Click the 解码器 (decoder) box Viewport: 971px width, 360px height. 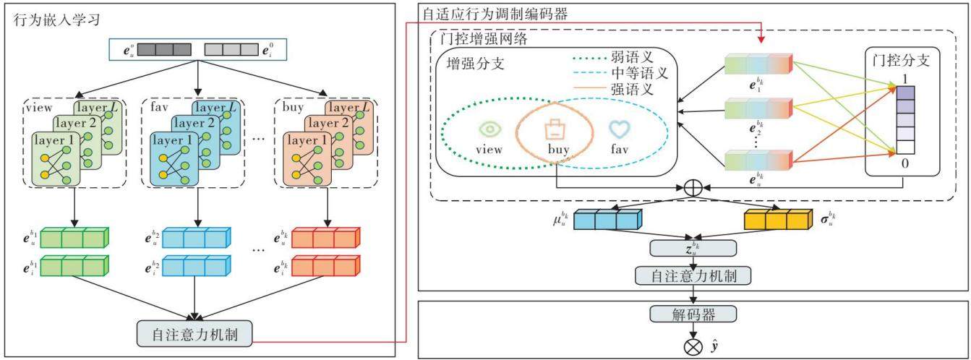click(x=693, y=314)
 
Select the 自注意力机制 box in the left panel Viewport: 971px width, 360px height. click(x=194, y=333)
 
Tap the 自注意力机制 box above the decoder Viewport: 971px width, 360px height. click(x=693, y=275)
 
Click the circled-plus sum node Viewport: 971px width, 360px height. click(x=693, y=188)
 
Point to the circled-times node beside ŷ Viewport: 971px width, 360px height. click(x=693, y=347)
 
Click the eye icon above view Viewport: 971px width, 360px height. click(x=489, y=129)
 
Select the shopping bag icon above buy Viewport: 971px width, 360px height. click(x=555, y=129)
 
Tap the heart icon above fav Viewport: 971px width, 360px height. click(x=620, y=129)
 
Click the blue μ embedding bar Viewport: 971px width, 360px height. click(x=607, y=219)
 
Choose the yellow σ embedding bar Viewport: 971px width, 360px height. click(x=778, y=219)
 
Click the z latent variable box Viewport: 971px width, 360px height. click(x=693, y=248)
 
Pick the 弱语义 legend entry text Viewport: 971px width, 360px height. click(x=632, y=57)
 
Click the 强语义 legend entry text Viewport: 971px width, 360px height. click(x=632, y=89)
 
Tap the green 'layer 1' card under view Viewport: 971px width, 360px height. click(x=56, y=159)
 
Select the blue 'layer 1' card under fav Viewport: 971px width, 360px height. click(x=174, y=159)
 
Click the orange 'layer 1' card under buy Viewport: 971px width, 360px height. click(x=307, y=159)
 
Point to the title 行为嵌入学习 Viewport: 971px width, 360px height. click(x=57, y=20)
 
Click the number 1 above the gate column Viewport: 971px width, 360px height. click(x=904, y=79)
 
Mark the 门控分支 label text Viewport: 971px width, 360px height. click(x=901, y=60)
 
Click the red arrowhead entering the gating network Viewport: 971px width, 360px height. click(x=761, y=40)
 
